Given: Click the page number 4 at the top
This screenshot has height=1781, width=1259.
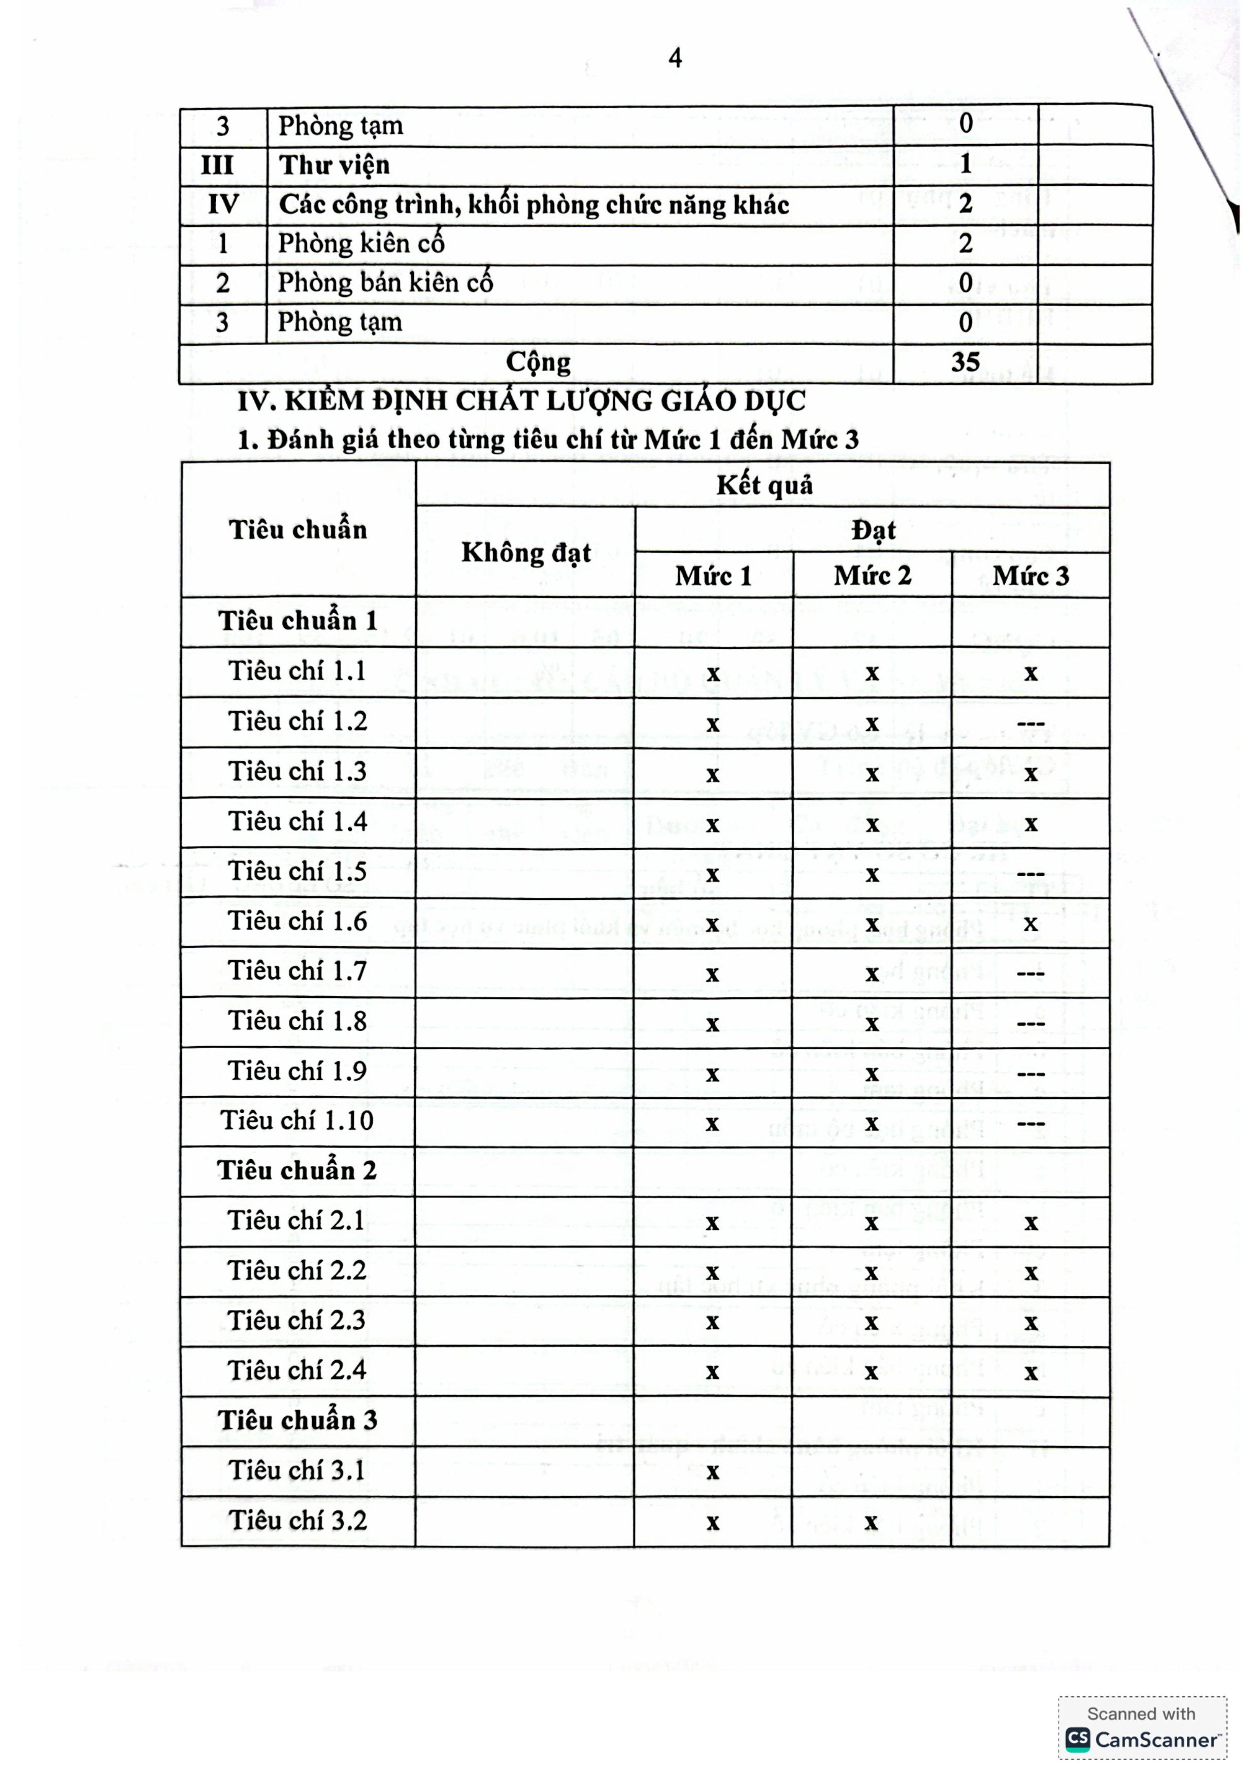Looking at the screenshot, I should point(675,58).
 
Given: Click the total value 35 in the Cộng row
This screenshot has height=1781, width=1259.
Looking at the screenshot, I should point(965,362).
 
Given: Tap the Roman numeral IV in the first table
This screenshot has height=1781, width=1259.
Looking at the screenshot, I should point(223,205).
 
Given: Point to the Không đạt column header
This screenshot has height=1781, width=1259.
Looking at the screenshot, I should point(526,552).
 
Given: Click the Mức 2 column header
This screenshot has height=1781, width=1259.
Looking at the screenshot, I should point(872,576).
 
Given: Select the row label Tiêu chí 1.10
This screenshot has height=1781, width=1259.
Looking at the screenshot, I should point(297,1121).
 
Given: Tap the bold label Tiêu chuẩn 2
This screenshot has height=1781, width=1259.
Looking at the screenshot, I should point(297,1170).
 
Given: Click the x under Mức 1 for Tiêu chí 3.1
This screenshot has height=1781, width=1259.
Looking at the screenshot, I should point(713,1471).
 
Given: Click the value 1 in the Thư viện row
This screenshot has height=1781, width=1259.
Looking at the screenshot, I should point(965,163).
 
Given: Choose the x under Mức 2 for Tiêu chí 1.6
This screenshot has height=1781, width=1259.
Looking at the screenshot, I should point(872,924).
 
